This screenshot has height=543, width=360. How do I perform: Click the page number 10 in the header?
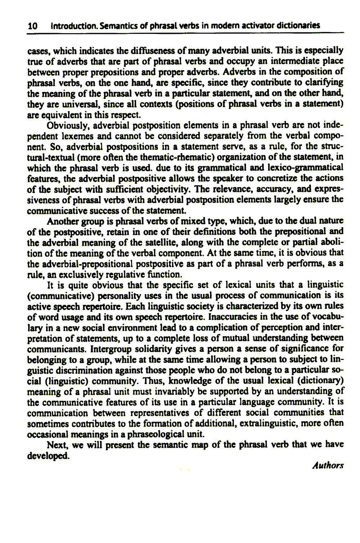tap(32, 26)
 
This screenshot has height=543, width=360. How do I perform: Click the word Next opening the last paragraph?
tap(56, 445)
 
